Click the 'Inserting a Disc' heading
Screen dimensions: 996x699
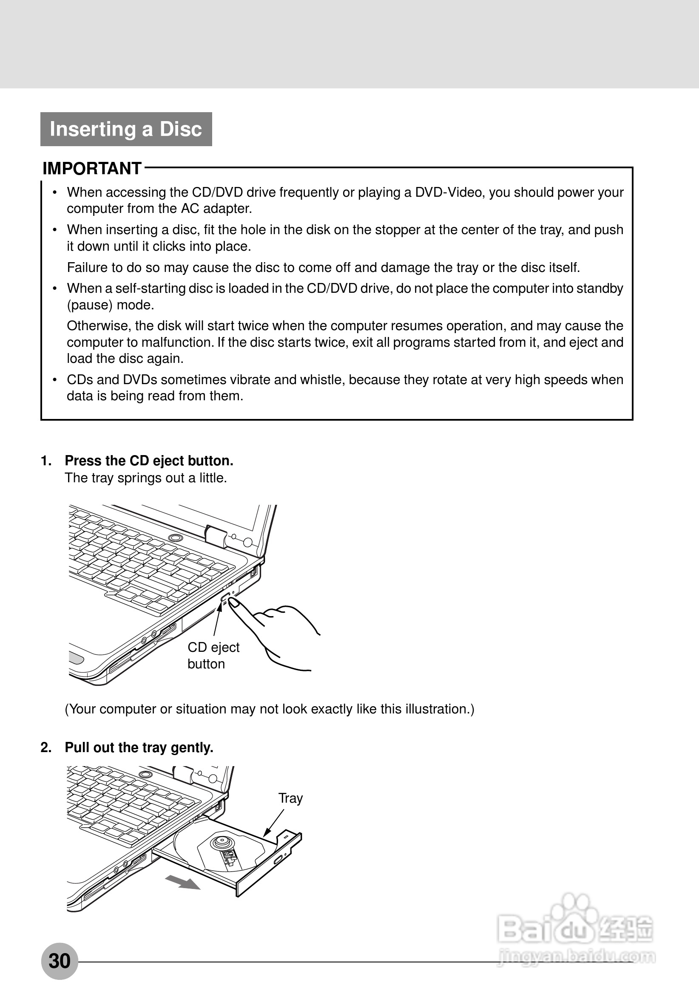pyautogui.click(x=126, y=129)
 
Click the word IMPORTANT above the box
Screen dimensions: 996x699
pyautogui.click(x=92, y=168)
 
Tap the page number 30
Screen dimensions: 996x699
pyautogui.click(x=60, y=961)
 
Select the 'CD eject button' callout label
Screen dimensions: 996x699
pyautogui.click(x=213, y=655)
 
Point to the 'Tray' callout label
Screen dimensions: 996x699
pyautogui.click(x=290, y=798)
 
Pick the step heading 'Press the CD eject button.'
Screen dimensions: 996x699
pyautogui.click(x=149, y=461)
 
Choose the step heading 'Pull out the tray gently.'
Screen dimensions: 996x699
pyautogui.click(x=139, y=747)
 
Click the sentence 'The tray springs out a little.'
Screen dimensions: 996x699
pyautogui.click(x=146, y=478)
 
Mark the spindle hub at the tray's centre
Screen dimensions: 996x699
pyautogui.click(x=222, y=842)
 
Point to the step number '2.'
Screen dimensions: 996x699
pyautogui.click(x=46, y=747)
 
